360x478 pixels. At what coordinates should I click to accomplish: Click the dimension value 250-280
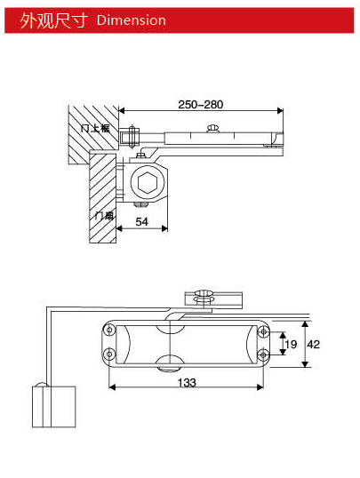200,104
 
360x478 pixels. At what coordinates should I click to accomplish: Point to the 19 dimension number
289,343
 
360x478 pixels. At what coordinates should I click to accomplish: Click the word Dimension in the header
131,20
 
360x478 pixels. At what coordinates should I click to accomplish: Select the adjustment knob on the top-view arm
211,131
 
